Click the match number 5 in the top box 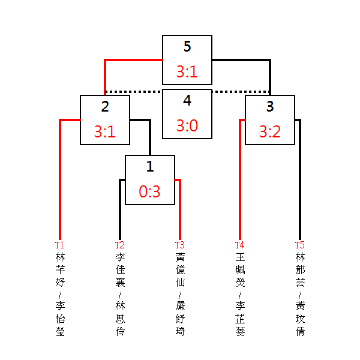[x=187, y=47]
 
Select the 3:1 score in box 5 [x=187, y=72]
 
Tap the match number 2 [x=105, y=107]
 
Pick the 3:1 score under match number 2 [x=105, y=132]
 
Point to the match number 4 [x=187, y=101]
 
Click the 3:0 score [x=187, y=126]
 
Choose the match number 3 [x=269, y=107]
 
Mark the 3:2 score [x=269, y=132]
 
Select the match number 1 [x=149, y=167]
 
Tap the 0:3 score [x=149, y=192]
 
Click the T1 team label [x=59, y=245]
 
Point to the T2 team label [x=119, y=245]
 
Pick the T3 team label [x=179, y=245]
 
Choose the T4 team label [x=239, y=245]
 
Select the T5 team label [x=299, y=245]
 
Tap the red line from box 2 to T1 [x=60, y=180]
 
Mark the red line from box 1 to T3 [x=179, y=210]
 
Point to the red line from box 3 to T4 [x=240, y=180]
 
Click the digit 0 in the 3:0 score [x=194, y=126]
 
